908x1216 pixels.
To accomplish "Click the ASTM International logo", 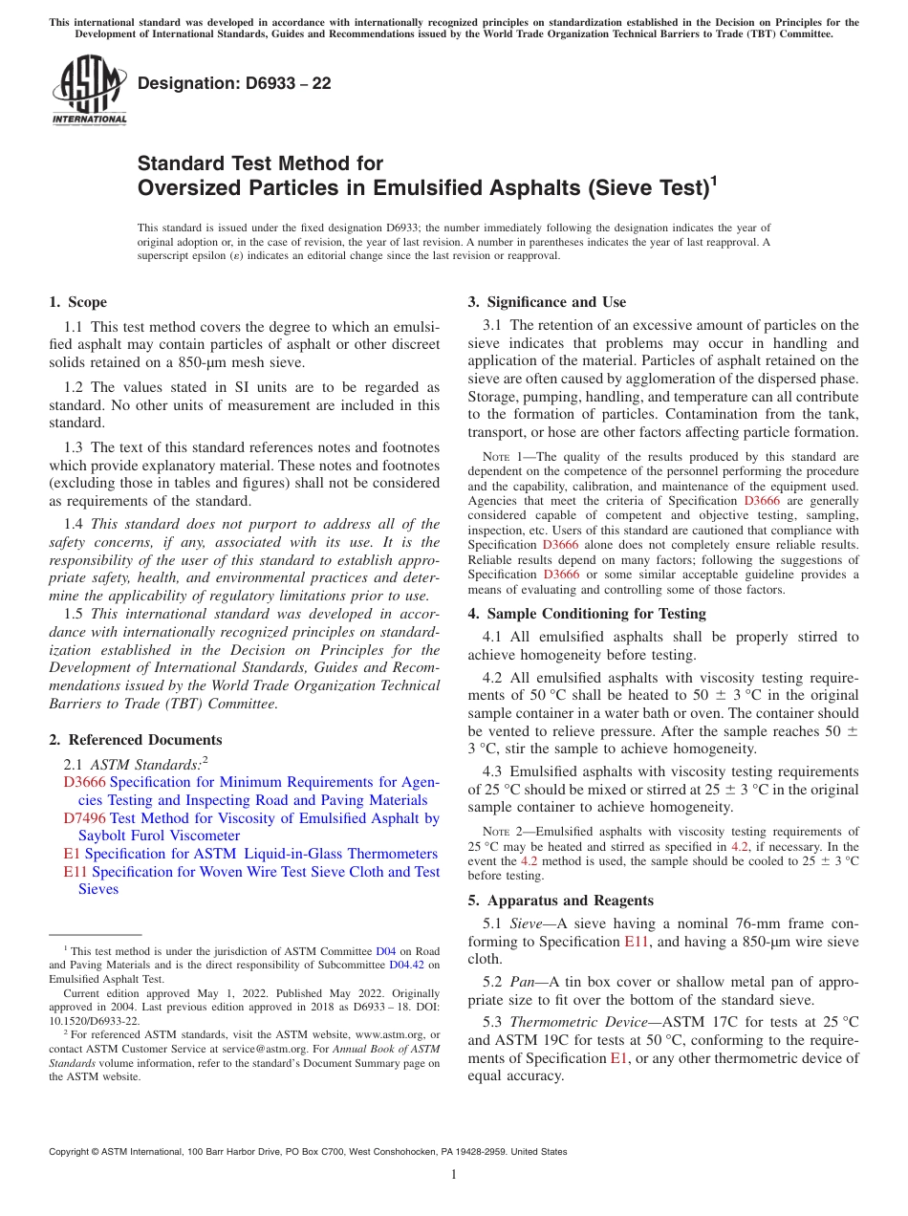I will click(89, 90).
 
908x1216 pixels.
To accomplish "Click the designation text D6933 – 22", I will click(234, 83).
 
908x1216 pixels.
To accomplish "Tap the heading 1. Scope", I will click(77, 302).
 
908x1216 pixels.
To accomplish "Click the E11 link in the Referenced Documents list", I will click(75, 872).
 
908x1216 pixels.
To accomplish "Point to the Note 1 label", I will click(501, 457).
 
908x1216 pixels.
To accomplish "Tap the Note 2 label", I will click(501, 833).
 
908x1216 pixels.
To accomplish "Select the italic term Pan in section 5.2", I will click(522, 984).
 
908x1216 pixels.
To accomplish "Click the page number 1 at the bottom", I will click(454, 1175).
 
